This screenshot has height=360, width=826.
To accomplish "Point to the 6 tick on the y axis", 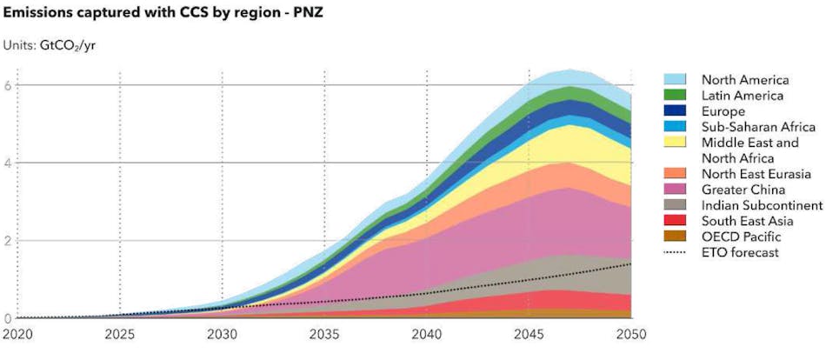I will coord(7,85).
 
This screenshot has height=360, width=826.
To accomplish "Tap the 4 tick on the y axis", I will coord(7,163).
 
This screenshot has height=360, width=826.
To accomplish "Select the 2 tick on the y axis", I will coord(7,241).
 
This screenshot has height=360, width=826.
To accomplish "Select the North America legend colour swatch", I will coord(678,79).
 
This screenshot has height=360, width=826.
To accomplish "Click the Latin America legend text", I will coord(743,95).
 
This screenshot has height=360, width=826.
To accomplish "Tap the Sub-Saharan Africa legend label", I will coord(758,126).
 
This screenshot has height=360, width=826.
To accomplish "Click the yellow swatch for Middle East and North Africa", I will coord(678,142).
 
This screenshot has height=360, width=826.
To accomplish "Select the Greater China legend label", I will coord(743,190).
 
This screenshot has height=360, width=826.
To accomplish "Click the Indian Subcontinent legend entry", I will coord(762,205).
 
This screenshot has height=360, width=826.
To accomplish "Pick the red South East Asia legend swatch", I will coord(678,221).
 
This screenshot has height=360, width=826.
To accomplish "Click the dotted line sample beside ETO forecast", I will coord(678,252).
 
